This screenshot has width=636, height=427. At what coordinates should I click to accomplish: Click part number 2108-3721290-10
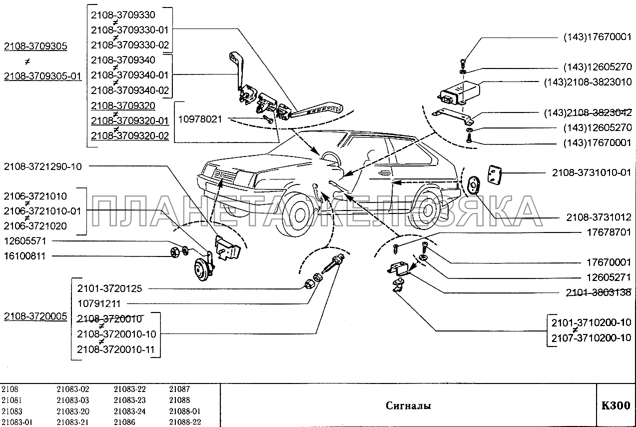43,166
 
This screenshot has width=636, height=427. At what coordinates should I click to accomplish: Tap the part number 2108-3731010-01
592,173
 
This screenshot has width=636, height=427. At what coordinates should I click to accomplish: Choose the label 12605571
25,241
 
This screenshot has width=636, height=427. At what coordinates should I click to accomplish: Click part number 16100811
25,256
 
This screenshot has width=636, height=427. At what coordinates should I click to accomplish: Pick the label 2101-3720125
110,288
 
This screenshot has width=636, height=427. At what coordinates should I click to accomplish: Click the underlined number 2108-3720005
35,316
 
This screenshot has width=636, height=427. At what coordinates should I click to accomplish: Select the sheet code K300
616,405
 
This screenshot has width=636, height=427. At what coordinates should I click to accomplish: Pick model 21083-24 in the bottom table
129,411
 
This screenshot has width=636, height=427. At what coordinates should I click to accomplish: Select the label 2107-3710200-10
592,338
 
